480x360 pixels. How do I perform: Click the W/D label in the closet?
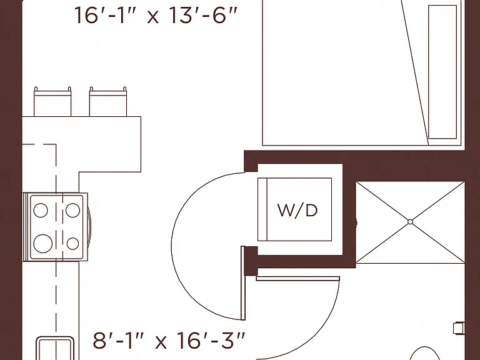click(x=297, y=211)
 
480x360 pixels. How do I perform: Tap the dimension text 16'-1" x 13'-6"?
click(x=156, y=15)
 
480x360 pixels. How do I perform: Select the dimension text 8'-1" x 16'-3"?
click(x=169, y=341)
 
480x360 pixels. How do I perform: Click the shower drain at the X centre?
click(x=410, y=222)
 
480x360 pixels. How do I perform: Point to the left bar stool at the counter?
click(x=52, y=102)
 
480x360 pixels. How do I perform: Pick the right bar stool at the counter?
click(x=107, y=102)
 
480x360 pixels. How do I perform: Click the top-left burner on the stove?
click(x=41, y=210)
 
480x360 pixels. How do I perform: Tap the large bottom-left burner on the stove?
click(x=43, y=243)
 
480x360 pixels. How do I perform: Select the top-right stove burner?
click(x=72, y=210)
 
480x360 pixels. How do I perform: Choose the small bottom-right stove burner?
click(x=72, y=244)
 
